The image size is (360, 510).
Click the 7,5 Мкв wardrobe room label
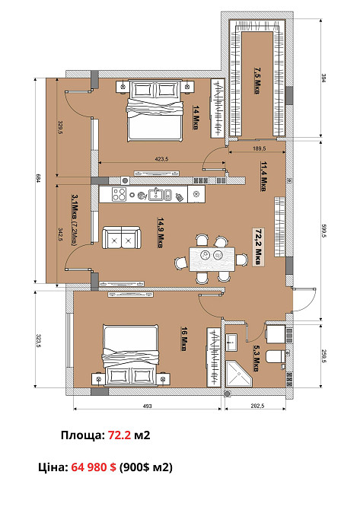click(257, 81)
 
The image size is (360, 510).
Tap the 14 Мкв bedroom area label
click(196, 117)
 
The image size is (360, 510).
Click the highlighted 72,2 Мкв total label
click(259, 247)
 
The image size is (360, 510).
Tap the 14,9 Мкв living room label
click(161, 233)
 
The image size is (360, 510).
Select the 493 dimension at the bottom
click(148, 406)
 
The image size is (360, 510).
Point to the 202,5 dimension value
click(257, 406)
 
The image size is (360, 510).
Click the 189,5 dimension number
click(260, 148)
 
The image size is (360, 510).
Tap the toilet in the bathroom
click(275, 356)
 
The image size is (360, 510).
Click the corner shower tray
click(238, 374)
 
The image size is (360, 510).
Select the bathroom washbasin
click(231, 343)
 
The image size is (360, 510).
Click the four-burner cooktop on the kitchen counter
click(119, 195)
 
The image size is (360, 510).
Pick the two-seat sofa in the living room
click(121, 237)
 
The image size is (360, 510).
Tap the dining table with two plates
click(212, 260)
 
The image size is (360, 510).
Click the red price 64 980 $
click(94, 467)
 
